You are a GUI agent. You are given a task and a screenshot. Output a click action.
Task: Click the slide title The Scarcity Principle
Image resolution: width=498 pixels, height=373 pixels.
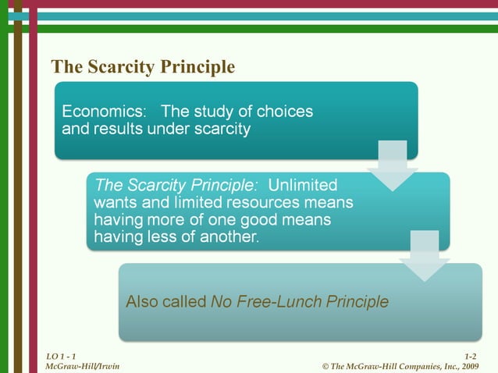[142, 67]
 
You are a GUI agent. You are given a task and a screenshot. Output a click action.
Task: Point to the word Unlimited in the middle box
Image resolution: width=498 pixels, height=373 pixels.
[303, 186]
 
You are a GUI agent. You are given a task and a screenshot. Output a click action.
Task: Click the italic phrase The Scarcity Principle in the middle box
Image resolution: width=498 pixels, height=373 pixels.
[176, 186]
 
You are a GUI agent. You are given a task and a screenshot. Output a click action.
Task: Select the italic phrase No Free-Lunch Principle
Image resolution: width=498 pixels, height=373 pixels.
[300, 301]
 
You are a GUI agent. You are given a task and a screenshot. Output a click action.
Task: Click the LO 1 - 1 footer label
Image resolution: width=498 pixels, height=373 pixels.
[61, 356]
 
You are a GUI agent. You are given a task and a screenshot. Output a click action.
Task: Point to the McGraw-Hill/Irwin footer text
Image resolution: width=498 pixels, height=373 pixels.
[83, 366]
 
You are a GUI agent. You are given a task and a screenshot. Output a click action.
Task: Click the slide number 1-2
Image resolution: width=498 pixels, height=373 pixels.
[470, 356]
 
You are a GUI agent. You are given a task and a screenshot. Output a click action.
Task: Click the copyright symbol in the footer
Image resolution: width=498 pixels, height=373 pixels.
[325, 366]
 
